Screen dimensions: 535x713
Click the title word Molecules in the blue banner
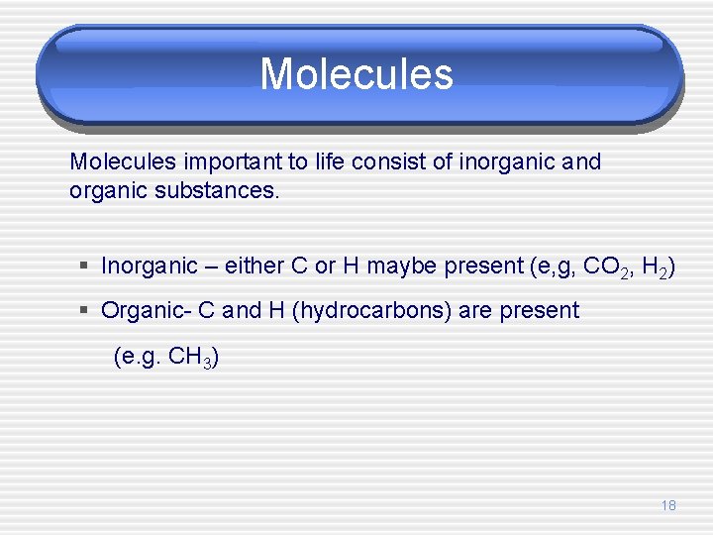pos(356,74)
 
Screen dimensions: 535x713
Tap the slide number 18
pos(668,505)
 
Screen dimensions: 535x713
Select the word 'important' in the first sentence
pos(218,161)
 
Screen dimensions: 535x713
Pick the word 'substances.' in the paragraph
pos(218,189)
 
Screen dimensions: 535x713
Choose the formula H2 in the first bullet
pos(655,267)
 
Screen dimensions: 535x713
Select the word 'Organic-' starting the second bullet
pos(147,310)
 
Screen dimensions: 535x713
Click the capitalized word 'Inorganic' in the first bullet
pos(150,266)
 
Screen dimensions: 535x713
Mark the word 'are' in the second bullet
pos(475,310)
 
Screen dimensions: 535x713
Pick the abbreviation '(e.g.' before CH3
pos(138,357)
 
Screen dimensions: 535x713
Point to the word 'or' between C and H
pos(324,266)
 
